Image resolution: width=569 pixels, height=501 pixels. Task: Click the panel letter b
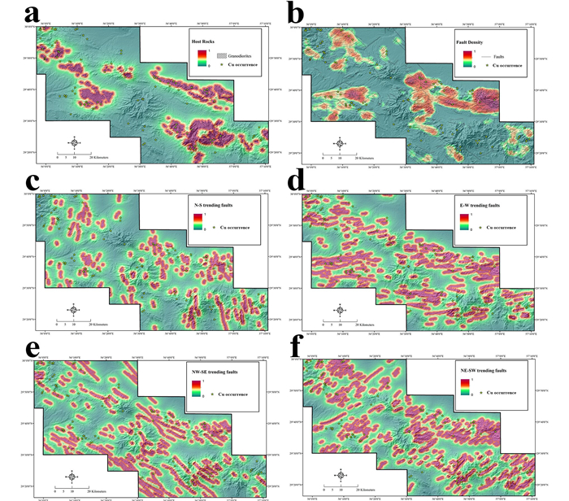(x=293, y=14)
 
